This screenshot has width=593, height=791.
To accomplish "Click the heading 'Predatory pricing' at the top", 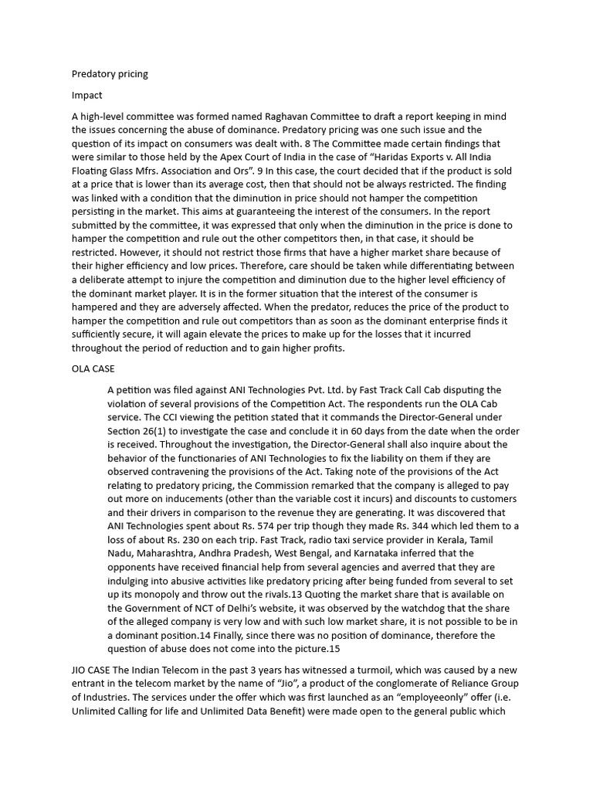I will (x=110, y=74).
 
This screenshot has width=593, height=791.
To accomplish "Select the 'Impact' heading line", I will (x=86, y=95).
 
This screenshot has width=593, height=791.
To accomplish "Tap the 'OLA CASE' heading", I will (x=93, y=368).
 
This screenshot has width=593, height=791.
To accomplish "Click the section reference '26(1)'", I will (x=159, y=430).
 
